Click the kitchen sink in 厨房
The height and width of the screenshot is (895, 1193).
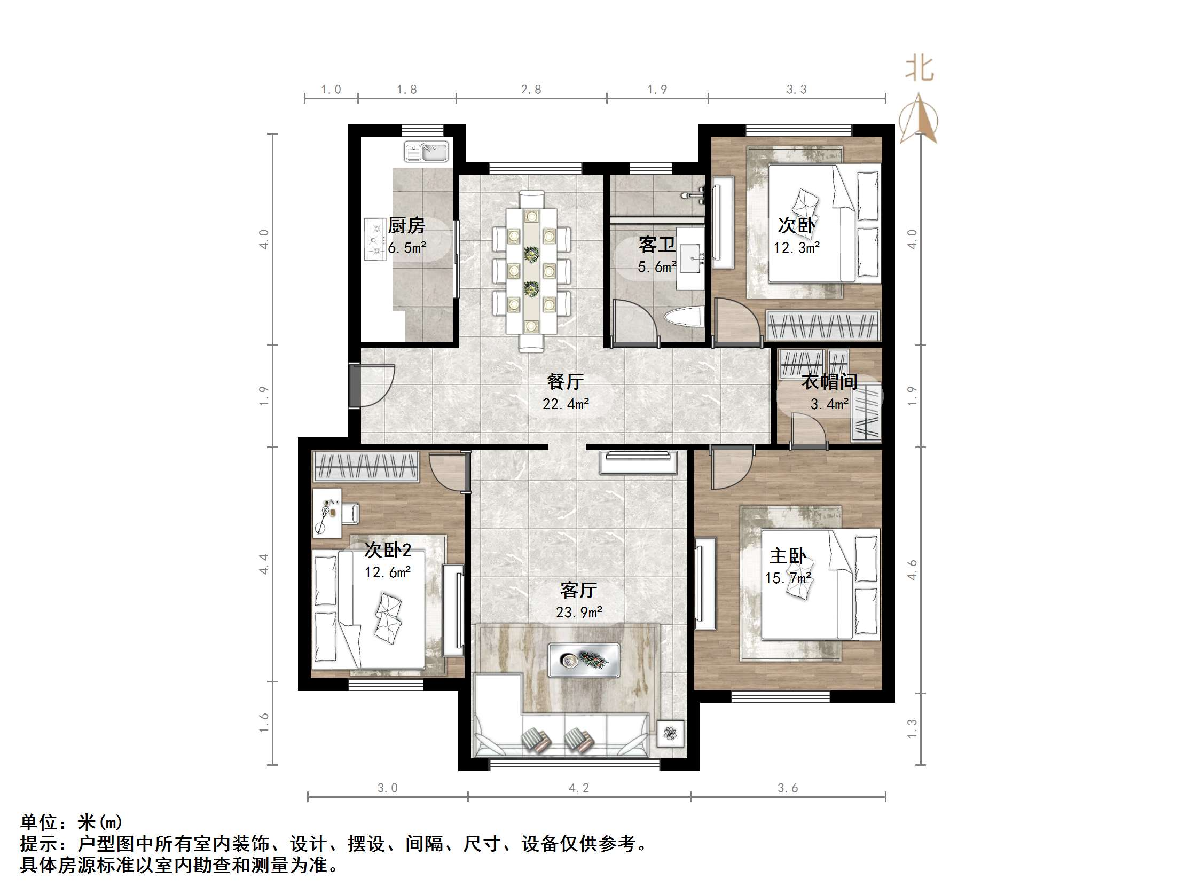pos(427,152)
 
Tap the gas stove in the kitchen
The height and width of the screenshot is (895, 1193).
pos(375,239)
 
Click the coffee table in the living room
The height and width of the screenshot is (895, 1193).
pos(584,660)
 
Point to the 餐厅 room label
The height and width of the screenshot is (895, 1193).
pos(565,382)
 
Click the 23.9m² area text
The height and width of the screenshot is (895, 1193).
pos(579,613)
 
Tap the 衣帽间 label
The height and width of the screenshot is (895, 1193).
pos(829,382)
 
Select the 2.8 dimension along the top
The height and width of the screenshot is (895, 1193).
pos(531,90)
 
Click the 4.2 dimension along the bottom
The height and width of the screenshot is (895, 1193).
pos(579,788)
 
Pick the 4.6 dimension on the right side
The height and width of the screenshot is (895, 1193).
pos(912,570)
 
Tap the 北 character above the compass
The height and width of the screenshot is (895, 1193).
pos(919,69)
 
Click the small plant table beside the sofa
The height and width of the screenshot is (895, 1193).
pos(670,733)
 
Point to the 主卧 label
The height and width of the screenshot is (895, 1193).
pos(788,556)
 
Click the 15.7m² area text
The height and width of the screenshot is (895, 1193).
pos(788,578)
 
